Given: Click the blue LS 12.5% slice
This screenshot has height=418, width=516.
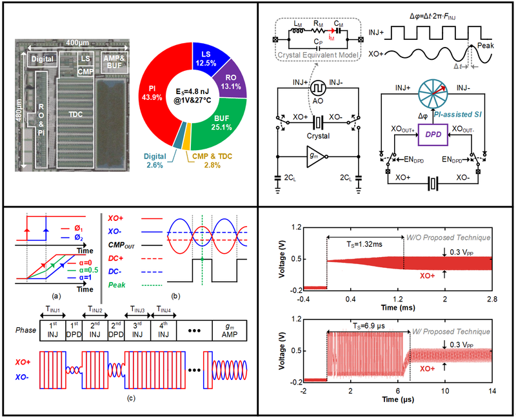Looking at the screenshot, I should (x=204, y=55).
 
